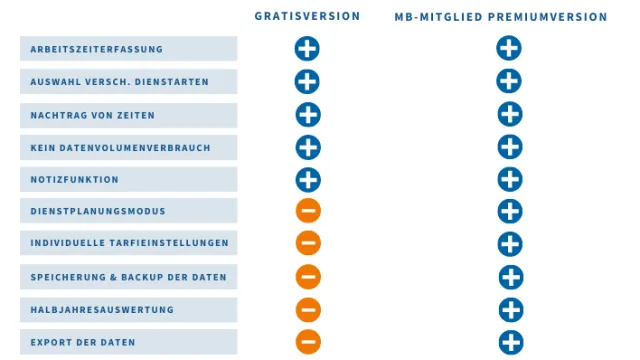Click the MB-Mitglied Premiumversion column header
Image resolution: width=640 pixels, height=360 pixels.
[x=500, y=17]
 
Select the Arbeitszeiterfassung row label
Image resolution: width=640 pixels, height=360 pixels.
[x=97, y=49]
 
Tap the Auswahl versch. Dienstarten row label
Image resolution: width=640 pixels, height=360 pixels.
[x=119, y=82]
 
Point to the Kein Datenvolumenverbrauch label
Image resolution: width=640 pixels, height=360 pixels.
[x=120, y=148]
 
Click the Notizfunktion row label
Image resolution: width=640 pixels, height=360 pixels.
[x=75, y=180]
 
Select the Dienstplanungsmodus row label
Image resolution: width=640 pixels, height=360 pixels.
[x=98, y=212]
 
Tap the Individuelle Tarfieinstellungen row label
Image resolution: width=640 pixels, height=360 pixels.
[x=129, y=243]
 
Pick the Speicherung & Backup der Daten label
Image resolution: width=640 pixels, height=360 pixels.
[x=128, y=277]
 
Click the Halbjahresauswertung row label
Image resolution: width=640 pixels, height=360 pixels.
[x=102, y=310]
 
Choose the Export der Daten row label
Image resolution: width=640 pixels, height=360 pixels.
[x=83, y=342]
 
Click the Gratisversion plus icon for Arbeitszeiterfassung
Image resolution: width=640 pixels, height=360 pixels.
[x=307, y=48]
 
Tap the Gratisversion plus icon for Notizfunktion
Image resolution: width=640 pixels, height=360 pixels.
[x=308, y=179]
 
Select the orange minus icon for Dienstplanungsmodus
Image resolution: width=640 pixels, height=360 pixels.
[x=308, y=211]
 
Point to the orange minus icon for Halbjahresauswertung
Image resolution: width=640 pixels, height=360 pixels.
[x=308, y=310]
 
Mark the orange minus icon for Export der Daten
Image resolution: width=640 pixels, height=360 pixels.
[x=308, y=342]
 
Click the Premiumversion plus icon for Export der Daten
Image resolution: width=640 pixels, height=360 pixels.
[x=511, y=342]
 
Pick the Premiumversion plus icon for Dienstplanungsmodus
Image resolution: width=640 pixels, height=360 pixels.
[x=510, y=211]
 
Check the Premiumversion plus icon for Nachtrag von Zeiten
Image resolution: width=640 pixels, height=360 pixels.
[x=510, y=114]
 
